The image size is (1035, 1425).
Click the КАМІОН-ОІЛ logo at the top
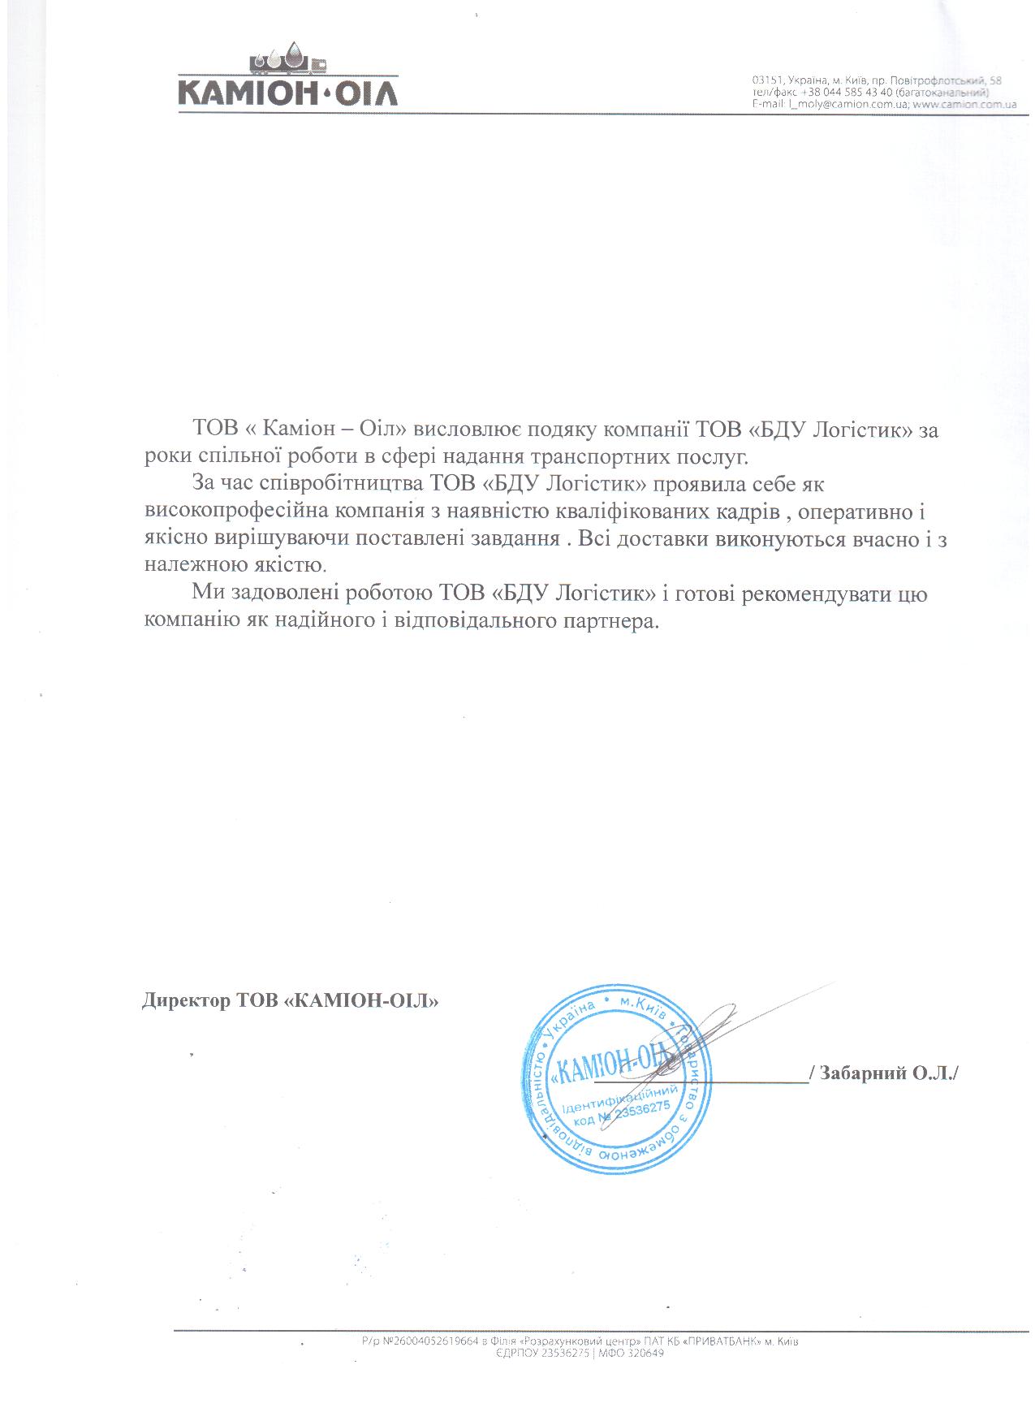click(x=287, y=81)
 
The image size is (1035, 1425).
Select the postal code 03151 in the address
click(x=766, y=81)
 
